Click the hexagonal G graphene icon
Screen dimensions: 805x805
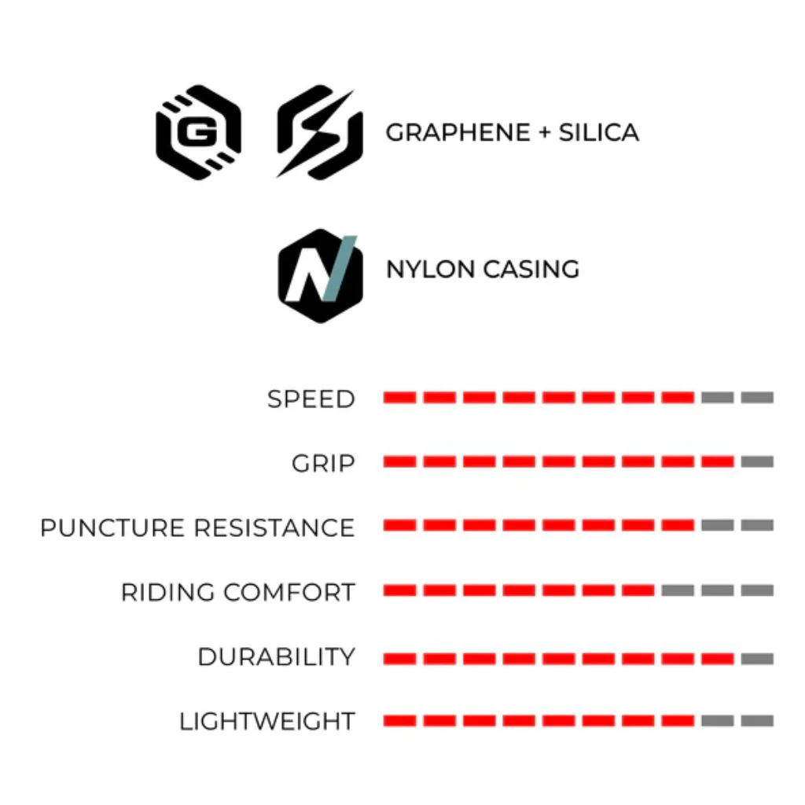pos(199,132)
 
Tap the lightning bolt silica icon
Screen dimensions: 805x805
pos(319,132)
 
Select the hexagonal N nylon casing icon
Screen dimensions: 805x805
pos(321,276)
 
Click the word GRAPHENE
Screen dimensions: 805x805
pos(458,132)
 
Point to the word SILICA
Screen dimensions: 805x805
pos(598,132)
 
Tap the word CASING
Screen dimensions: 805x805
pos(531,270)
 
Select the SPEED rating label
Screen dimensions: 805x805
pos(311,399)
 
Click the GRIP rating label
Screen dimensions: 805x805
pos(323,463)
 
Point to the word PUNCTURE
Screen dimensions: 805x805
pos(112,527)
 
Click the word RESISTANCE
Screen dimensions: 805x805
pos(274,527)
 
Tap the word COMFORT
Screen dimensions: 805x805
pos(289,592)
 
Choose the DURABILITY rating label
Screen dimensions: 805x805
pos(276,656)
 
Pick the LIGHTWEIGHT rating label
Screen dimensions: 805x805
pos(267,722)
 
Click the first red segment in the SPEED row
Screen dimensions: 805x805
pos(400,397)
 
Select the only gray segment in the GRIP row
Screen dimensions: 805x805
pos(757,461)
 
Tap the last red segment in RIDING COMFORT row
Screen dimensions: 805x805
pos(638,590)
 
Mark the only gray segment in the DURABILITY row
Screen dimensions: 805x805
pos(757,659)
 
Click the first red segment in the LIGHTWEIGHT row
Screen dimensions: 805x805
pos(400,721)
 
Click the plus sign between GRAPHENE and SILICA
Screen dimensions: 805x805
pos(544,133)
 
